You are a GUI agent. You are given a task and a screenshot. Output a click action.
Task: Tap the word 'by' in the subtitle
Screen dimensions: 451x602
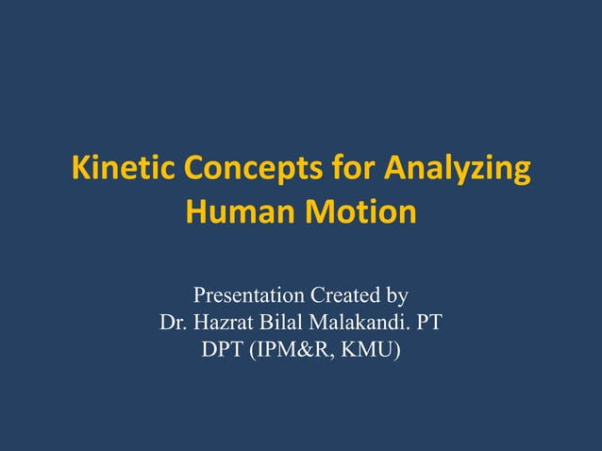coord(397,297)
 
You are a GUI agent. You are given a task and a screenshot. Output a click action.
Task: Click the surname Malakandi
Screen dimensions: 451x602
coord(362,324)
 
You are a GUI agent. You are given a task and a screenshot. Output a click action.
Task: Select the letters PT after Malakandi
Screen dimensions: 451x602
coord(429,324)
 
